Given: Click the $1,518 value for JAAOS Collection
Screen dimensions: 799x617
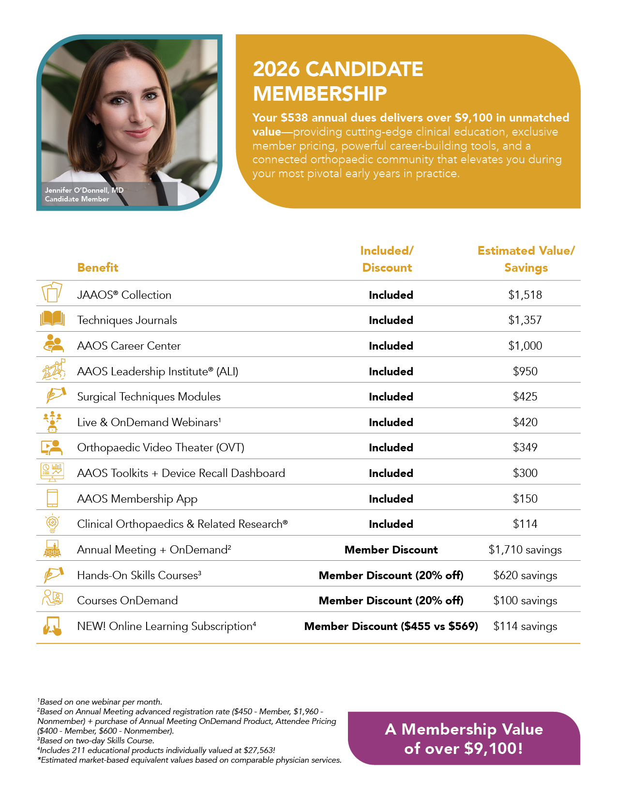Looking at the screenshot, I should click(x=525, y=295).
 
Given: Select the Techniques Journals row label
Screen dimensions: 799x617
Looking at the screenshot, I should click(x=127, y=320).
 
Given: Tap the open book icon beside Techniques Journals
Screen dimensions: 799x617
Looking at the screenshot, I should click(x=52, y=319).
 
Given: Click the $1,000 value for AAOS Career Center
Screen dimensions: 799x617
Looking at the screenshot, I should click(x=525, y=346).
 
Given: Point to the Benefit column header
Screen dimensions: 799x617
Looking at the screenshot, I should click(x=98, y=268).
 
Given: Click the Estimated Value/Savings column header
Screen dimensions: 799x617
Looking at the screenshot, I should click(x=526, y=259).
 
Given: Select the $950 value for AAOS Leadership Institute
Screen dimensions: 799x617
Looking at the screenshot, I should click(x=525, y=371).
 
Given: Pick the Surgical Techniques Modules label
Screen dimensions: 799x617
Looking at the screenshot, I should click(x=149, y=397).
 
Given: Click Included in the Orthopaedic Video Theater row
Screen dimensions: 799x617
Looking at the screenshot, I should click(x=391, y=447).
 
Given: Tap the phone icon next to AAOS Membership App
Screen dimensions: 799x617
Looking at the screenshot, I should click(x=52, y=498).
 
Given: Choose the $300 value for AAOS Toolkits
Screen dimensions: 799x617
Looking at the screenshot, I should click(x=525, y=473).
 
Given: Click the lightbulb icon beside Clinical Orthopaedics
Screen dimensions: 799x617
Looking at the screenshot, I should click(x=52, y=523).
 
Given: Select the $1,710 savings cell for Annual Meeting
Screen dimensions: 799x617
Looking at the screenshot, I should click(x=525, y=550).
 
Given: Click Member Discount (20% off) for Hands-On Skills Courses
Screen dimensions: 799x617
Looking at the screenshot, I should click(x=391, y=575).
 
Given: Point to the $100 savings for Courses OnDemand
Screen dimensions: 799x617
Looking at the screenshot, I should click(x=525, y=600).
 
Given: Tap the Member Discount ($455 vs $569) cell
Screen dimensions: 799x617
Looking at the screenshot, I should click(x=391, y=626).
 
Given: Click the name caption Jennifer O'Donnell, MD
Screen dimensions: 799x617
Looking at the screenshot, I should click(x=84, y=190).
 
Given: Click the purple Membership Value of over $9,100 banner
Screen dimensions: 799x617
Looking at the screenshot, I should click(x=464, y=738).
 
